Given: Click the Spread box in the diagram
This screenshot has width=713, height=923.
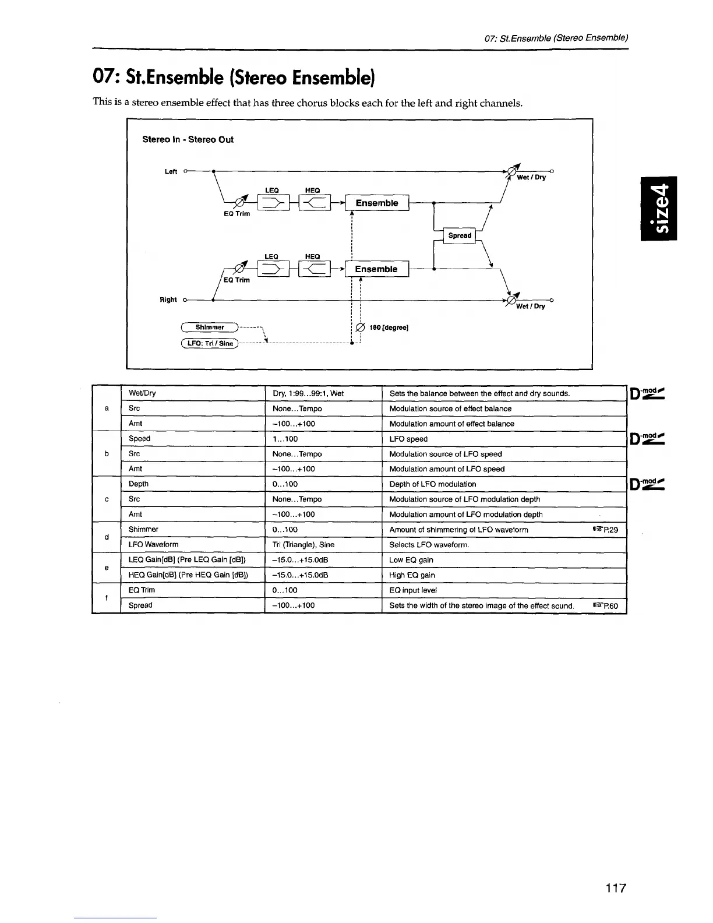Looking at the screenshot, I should (x=460, y=235).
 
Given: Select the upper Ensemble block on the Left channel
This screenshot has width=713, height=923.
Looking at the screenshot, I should (x=377, y=203).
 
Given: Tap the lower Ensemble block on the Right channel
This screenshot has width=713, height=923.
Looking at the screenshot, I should (x=376, y=269).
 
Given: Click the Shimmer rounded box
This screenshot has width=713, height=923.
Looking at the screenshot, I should (x=210, y=327).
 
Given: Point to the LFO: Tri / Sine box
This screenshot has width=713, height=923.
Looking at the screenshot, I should (x=210, y=343).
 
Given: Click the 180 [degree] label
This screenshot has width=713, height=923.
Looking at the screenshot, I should (x=389, y=327).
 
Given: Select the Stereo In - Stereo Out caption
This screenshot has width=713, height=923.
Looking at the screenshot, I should (x=188, y=140).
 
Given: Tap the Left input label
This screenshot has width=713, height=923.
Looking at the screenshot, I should (x=171, y=171).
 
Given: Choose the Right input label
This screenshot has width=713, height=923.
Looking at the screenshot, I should (x=168, y=300).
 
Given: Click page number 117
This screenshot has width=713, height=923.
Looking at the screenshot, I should (x=615, y=888).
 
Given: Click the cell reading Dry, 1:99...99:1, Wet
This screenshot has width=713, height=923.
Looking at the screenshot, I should (x=308, y=393).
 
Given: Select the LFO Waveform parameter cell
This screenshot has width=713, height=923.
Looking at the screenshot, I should (x=153, y=544).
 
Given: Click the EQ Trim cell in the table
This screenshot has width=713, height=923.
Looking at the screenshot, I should (x=142, y=590).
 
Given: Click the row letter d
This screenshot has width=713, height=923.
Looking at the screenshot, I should (x=106, y=537).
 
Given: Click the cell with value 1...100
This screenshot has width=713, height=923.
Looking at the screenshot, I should (x=285, y=439).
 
